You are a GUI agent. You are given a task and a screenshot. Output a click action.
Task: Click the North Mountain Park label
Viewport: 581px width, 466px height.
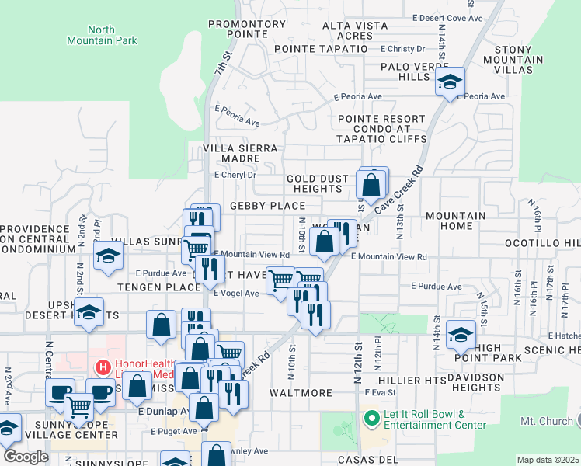101,35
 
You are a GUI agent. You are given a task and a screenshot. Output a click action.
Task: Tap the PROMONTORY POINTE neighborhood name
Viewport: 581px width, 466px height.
247,30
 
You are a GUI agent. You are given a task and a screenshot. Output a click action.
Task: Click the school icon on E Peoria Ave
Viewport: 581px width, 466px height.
450,82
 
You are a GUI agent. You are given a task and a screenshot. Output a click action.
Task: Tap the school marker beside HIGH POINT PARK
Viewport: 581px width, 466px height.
461,334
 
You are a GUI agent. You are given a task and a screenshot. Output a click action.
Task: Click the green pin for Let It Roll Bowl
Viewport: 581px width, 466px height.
371,419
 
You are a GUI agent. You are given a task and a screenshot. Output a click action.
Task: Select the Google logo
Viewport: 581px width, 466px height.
25,456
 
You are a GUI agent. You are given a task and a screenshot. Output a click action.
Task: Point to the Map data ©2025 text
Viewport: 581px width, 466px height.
548,460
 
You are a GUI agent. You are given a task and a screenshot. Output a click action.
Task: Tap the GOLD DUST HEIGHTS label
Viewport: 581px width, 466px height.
318,184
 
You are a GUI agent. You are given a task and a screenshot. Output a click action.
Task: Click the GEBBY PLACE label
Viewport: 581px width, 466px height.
267,206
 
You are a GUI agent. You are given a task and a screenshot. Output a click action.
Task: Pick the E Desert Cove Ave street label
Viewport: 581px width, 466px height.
447,18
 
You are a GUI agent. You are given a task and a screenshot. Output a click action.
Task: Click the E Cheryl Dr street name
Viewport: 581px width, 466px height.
235,176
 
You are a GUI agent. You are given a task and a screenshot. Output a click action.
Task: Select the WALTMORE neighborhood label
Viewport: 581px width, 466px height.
301,393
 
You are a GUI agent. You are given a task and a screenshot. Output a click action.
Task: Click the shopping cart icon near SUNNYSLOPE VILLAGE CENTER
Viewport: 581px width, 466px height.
78,406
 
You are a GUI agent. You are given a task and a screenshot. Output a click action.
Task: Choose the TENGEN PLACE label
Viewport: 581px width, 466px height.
159,287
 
